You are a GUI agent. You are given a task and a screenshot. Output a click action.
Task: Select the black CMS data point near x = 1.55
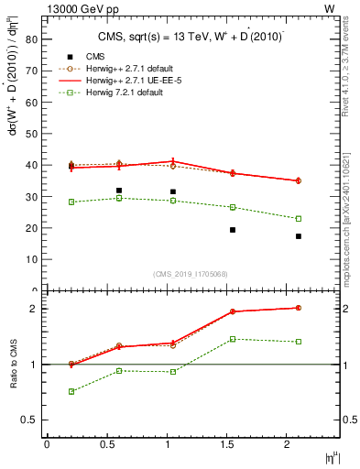pyautogui.click(x=233, y=230)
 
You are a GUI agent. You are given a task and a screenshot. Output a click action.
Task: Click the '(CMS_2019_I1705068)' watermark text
pyautogui.click(x=191, y=273)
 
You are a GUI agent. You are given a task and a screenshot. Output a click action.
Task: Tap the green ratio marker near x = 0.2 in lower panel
pyautogui.click(x=71, y=391)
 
